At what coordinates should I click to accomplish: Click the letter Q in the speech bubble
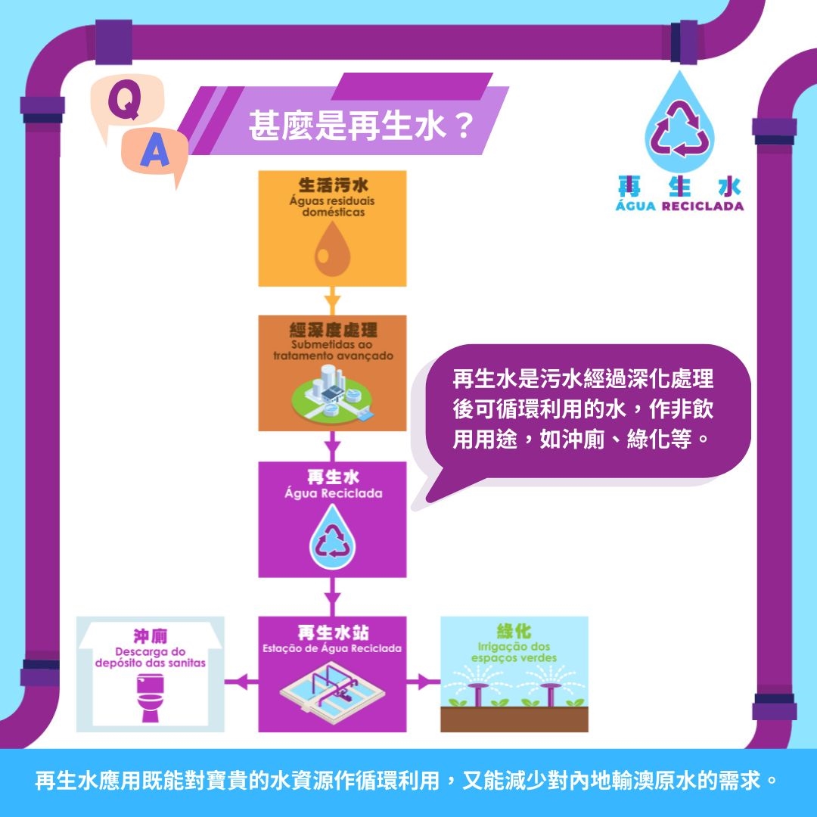pyautogui.click(x=124, y=101)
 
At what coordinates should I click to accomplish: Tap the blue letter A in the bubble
pyautogui.click(x=155, y=151)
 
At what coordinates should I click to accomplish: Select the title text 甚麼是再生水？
pyautogui.click(x=361, y=126)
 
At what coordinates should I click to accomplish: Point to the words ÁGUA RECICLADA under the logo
pyautogui.click(x=679, y=206)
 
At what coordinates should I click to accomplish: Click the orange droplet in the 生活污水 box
pyautogui.click(x=332, y=250)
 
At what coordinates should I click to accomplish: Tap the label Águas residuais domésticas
pyautogui.click(x=332, y=207)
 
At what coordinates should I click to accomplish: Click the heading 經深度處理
pyautogui.click(x=333, y=330)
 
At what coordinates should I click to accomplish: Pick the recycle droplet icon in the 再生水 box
pyautogui.click(x=332, y=536)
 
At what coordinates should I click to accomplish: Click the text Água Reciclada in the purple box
pyautogui.click(x=334, y=493)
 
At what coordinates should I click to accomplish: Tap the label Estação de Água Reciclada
pyautogui.click(x=332, y=648)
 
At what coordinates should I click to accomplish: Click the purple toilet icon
pyautogui.click(x=150, y=697)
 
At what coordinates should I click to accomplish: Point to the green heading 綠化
pyautogui.click(x=514, y=631)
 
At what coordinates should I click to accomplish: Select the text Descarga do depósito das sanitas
pyautogui.click(x=150, y=657)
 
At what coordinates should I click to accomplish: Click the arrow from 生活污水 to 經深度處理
pyautogui.click(x=332, y=300)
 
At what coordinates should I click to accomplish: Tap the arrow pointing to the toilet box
pyautogui.click(x=241, y=681)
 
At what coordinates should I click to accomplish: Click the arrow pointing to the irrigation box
pyautogui.click(x=423, y=681)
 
